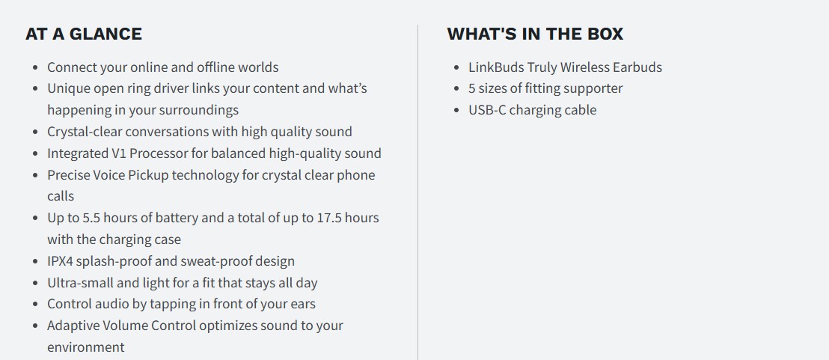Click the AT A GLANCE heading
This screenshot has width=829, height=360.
[x=84, y=34]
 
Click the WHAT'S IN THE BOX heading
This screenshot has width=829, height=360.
[x=535, y=34]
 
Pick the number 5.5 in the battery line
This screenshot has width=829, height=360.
[x=73, y=218]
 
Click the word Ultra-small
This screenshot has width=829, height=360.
[x=80, y=283]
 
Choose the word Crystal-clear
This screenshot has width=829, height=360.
[x=85, y=132]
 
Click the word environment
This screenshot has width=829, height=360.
[x=85, y=347]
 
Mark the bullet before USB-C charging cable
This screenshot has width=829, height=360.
[x=457, y=111]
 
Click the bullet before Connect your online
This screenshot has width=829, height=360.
[x=35, y=67]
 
